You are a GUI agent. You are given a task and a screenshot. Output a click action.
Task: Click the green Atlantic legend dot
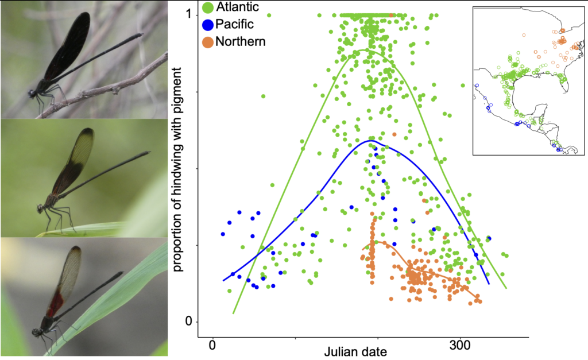[207, 7]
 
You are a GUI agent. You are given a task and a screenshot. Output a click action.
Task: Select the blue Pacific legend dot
[207, 24]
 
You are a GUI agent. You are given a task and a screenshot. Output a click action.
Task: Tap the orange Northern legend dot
[207, 41]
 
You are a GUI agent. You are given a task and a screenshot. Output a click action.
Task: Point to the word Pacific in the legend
[234, 24]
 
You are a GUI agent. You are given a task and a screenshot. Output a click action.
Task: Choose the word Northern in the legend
[241, 41]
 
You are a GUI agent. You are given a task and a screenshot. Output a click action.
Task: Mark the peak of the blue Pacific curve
[371, 140]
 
